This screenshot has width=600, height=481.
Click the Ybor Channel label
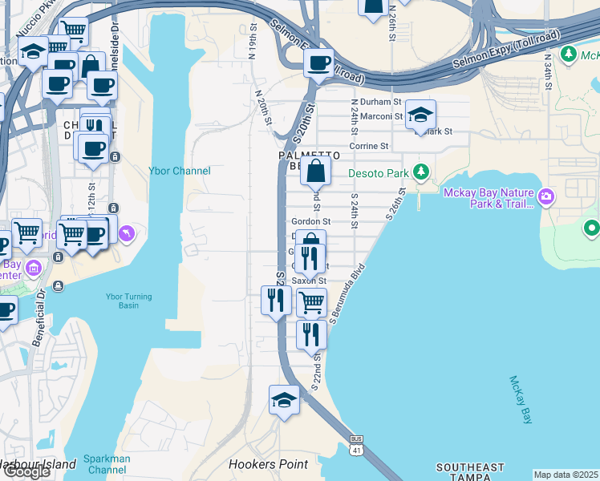click(x=180, y=171)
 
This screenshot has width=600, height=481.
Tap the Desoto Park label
click(x=379, y=172)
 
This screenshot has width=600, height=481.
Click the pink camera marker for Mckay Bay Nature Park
click(x=546, y=196)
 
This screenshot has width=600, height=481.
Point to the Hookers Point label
click(x=268, y=464)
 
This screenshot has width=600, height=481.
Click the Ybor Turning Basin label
click(x=128, y=301)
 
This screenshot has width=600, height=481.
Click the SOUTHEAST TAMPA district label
click(x=469, y=472)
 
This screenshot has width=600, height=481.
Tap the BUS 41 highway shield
click(x=356, y=445)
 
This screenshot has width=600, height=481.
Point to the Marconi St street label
click(x=380, y=116)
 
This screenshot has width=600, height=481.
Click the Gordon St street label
click(x=311, y=221)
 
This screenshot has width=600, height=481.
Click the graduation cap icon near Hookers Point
click(x=284, y=400)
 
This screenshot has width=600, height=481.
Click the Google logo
click(x=26, y=471)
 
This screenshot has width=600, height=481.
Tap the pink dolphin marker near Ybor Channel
click(x=126, y=233)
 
